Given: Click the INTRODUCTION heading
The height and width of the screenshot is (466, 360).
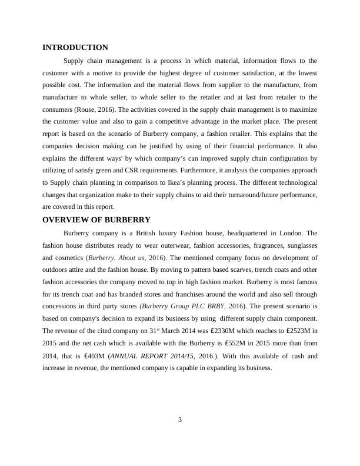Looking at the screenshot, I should (x=75, y=48).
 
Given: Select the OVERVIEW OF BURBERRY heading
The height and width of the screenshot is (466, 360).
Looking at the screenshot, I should (x=96, y=219).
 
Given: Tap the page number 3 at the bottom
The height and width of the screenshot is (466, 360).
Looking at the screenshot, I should (x=180, y=420).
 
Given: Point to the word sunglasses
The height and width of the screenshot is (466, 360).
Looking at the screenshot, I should (x=298, y=245).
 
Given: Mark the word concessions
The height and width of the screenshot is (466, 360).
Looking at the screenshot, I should (x=62, y=307).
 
